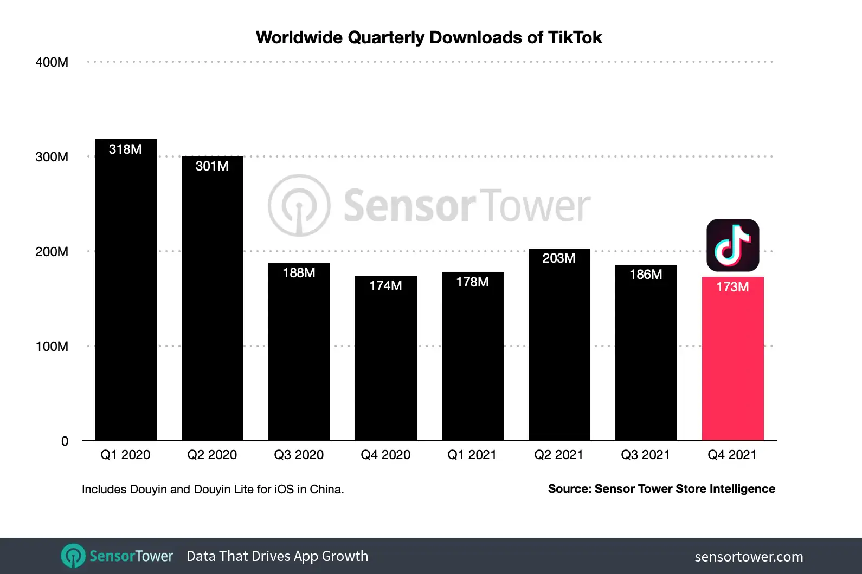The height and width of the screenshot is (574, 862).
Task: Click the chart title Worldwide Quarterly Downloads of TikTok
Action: point(428,37)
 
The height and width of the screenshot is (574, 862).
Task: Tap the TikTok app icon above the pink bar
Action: point(732,245)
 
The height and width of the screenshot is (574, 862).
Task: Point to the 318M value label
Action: point(125,149)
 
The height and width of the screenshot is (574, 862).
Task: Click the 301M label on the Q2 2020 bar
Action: point(212,166)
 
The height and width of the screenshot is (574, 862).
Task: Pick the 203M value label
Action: point(559,258)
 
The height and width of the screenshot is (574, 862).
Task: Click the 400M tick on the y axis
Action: point(52,62)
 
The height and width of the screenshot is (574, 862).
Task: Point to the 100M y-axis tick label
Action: point(52,347)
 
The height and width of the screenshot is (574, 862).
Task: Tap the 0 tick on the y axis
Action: point(65,441)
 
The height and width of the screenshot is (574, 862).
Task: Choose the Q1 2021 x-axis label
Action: point(472,455)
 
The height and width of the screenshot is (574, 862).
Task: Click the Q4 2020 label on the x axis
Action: point(385,455)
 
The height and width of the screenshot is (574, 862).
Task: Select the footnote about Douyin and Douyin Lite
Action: point(213,490)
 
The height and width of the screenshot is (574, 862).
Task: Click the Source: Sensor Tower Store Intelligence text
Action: point(661,489)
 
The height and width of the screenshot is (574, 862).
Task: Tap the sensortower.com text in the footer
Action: point(749,557)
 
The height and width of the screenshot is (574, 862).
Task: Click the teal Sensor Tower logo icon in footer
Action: point(73,556)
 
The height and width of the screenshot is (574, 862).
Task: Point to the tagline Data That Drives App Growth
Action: point(277,556)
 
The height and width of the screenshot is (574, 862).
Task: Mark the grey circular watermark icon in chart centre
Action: point(299,205)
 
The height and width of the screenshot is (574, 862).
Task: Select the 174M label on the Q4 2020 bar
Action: point(385,286)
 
